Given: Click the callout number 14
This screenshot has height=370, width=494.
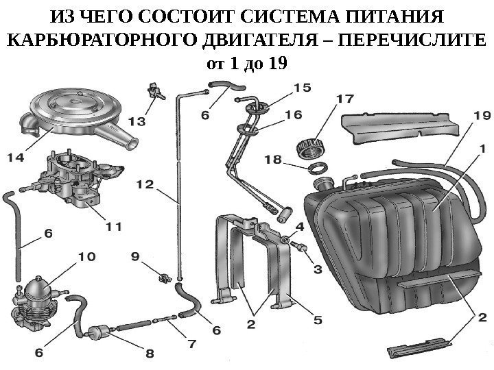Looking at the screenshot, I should [15, 158].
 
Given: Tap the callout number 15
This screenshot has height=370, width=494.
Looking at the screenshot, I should [303, 88].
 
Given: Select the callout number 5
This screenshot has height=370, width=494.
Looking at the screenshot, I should [318, 318].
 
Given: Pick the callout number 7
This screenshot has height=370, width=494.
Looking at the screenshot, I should [190, 342].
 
